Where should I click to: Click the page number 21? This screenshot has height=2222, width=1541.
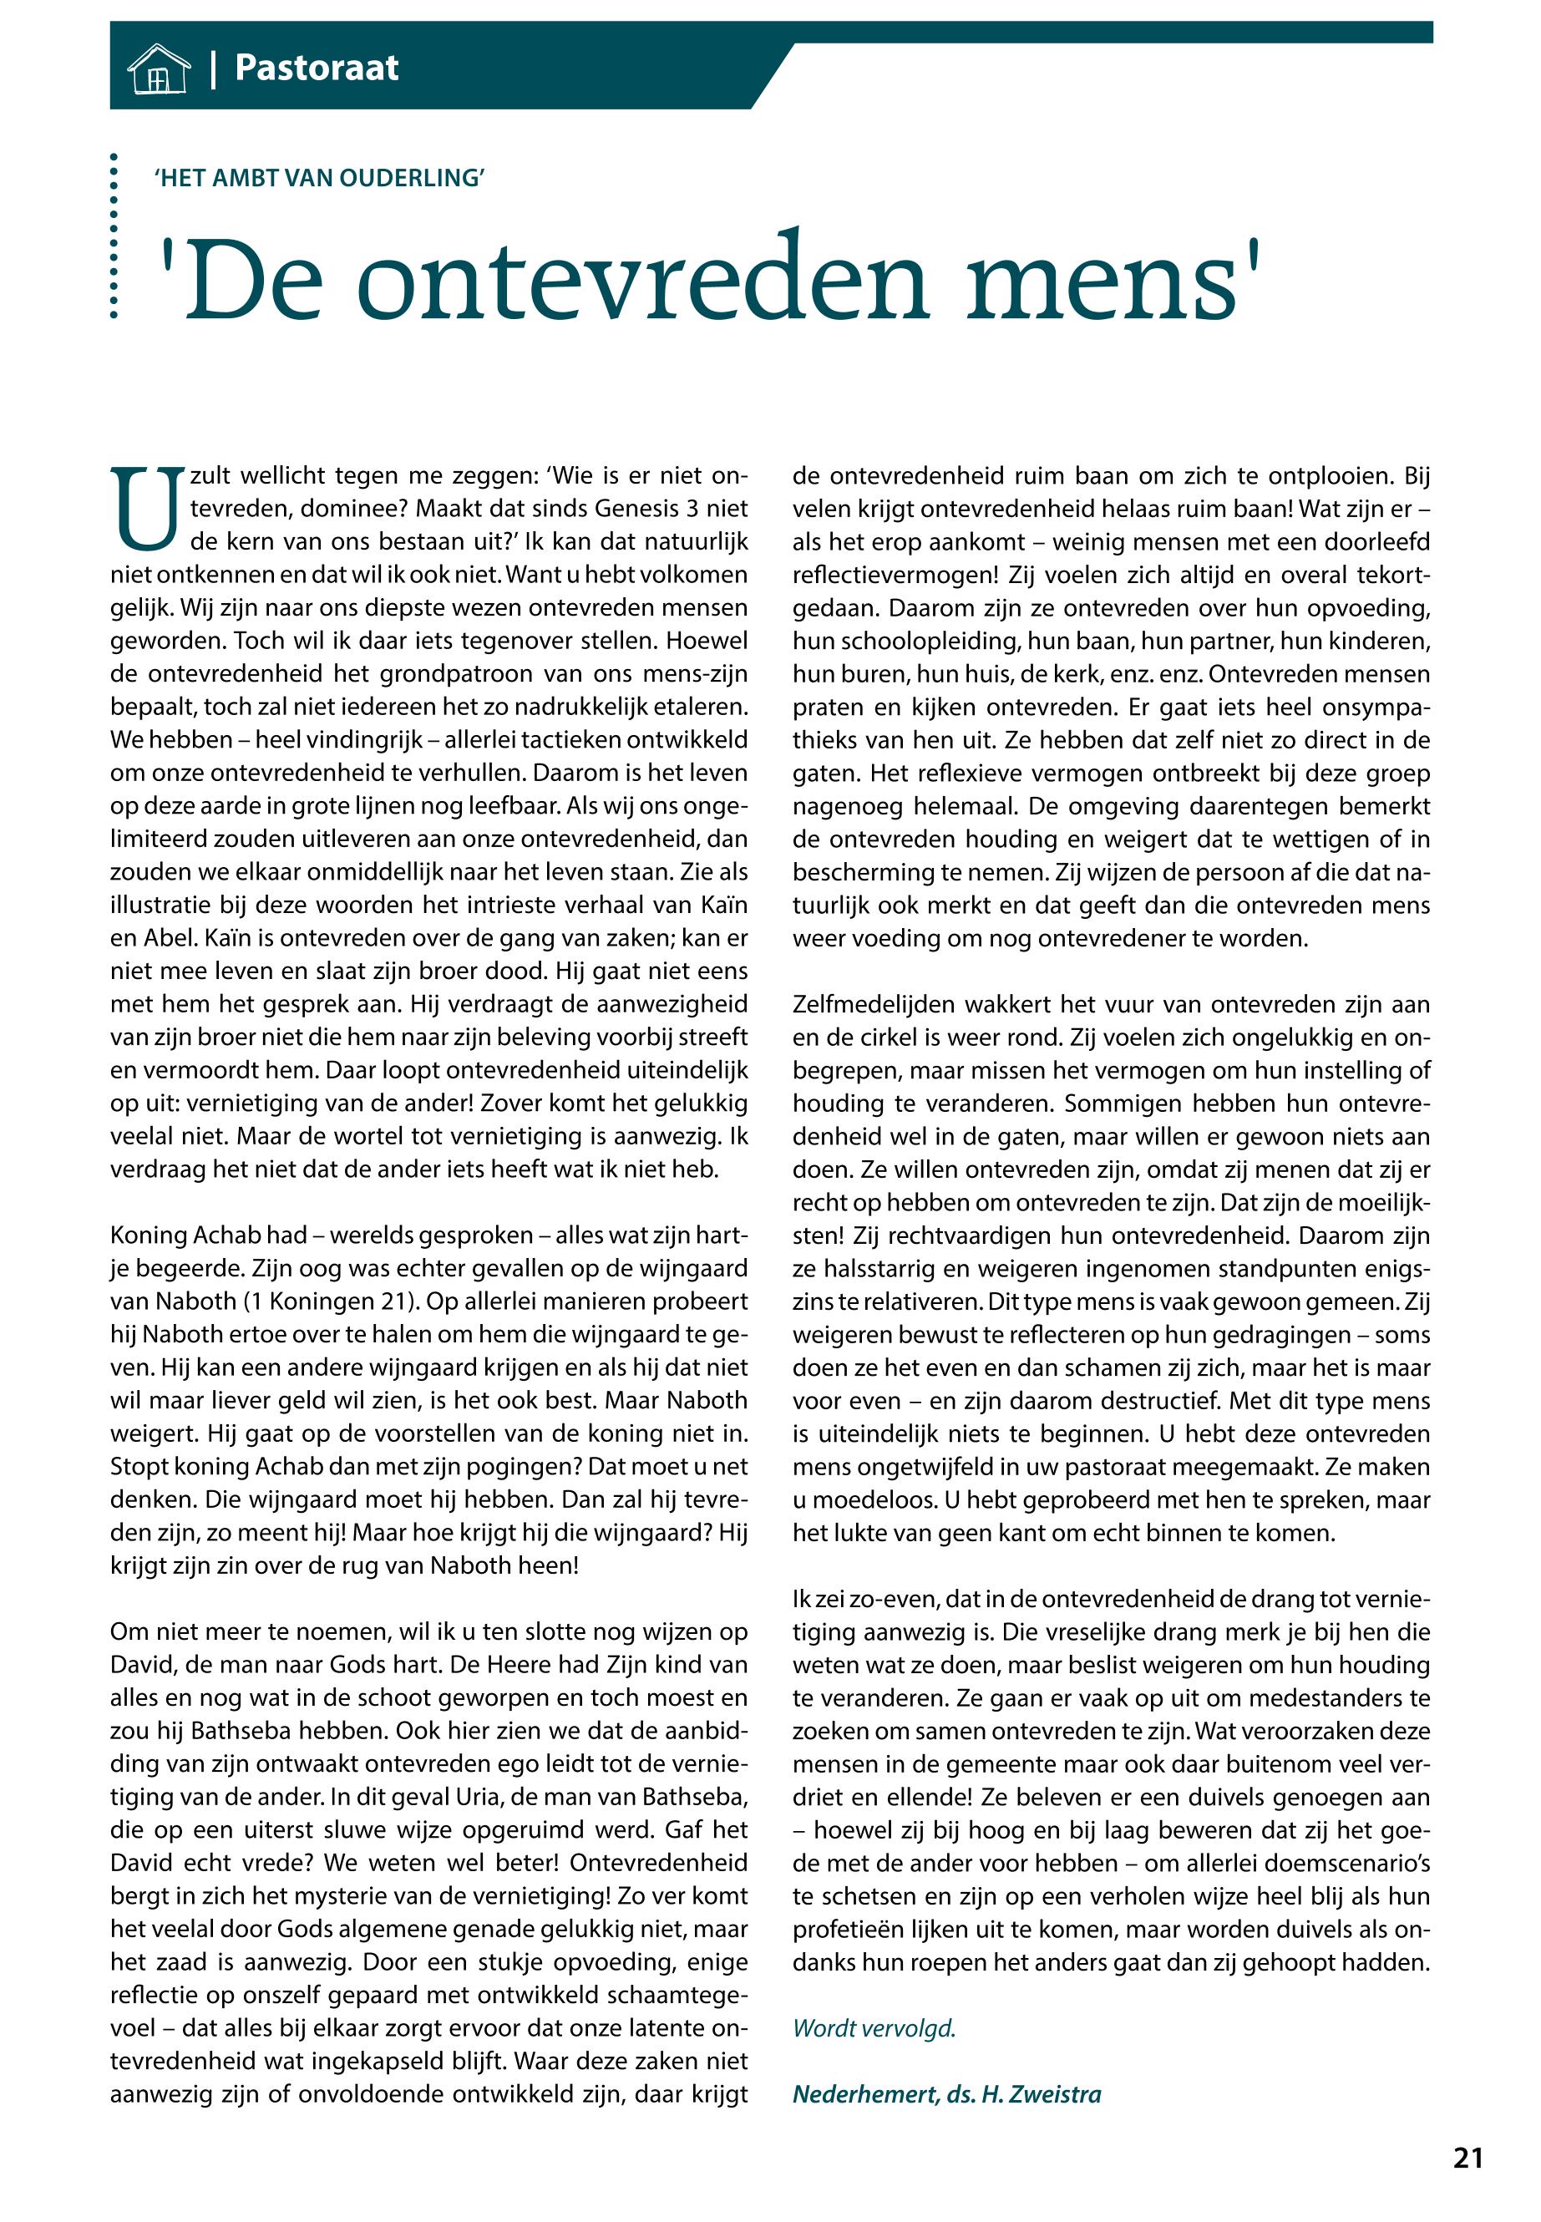point(1467,2158)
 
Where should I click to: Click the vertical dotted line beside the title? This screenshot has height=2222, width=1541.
point(114,236)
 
